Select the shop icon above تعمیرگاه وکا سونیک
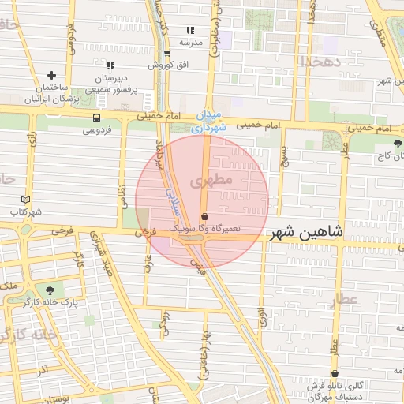click(x=205, y=215)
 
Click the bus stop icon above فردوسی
click(x=96, y=118)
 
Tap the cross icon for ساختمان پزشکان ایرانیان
click(x=52, y=75)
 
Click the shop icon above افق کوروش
click(x=166, y=54)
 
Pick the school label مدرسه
click(x=192, y=41)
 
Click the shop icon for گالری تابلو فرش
click(x=335, y=374)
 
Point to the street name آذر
click(x=43, y=369)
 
